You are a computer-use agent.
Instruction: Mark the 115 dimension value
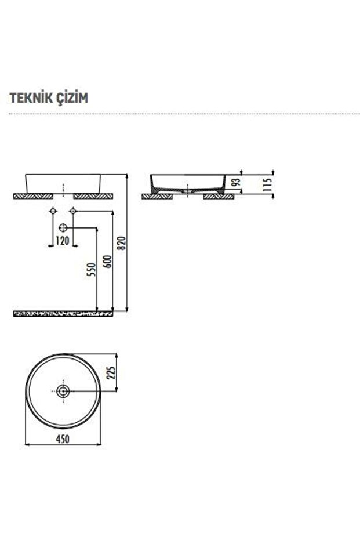(x=267, y=184)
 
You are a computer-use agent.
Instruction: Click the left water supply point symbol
(x=53, y=211)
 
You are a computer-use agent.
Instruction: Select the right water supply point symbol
(x=73, y=211)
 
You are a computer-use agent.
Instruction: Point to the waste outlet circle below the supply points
(x=63, y=227)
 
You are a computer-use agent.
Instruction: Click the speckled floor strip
(x=63, y=313)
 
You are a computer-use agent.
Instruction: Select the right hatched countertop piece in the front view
(x=93, y=195)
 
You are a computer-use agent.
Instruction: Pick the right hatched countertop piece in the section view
(x=219, y=197)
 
